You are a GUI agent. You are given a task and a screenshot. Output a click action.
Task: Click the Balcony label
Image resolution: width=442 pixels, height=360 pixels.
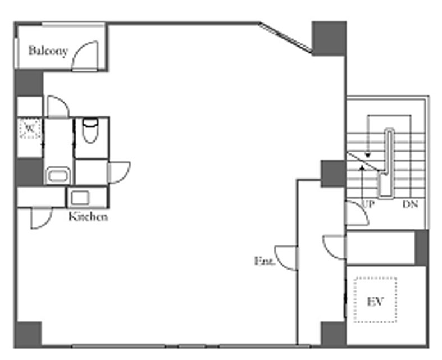pos(48,51)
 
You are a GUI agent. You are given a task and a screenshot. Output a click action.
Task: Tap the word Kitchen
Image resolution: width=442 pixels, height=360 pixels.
pos(88,217)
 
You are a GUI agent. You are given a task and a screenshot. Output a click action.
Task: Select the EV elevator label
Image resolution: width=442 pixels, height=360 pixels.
pos(376,302)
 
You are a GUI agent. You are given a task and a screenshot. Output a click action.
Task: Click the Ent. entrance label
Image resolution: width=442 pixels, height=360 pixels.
pos(265,261)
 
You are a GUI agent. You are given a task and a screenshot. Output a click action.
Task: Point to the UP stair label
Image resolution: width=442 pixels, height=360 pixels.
pos(368,204)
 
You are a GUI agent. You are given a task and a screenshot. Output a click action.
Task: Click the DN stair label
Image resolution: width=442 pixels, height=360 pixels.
pos(410,204)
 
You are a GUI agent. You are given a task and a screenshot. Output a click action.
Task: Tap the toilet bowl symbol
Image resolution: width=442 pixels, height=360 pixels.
pos(90,130)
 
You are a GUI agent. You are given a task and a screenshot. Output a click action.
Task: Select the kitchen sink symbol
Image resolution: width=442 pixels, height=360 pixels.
pos(80,197)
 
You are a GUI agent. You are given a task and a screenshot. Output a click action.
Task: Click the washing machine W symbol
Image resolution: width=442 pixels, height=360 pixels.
pos(30,129)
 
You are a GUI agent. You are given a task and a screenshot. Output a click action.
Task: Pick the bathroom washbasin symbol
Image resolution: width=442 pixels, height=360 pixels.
pos(58,176)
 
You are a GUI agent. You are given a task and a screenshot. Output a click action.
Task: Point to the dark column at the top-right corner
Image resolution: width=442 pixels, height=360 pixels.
pos(329,38)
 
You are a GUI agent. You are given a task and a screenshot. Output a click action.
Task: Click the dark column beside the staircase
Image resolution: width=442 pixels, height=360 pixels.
pos(333,174)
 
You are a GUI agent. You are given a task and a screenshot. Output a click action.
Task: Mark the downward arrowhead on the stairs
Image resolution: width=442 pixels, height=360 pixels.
pos(367,155)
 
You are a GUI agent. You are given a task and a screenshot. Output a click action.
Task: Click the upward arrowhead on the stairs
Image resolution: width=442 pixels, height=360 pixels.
pos(362,167)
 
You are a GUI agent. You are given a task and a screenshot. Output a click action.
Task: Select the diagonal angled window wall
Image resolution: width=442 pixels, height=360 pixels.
pos(285,38)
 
